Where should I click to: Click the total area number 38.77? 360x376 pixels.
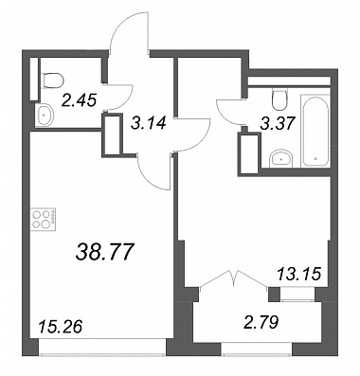pyautogui.click(x=103, y=252)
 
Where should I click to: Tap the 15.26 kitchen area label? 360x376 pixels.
pyautogui.click(x=60, y=326)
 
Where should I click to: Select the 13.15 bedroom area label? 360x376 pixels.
pyautogui.click(x=299, y=274)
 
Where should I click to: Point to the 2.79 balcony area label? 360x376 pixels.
pyautogui.click(x=262, y=323)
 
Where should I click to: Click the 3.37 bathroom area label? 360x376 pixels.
pyautogui.click(x=278, y=123)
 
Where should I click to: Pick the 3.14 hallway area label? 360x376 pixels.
pyautogui.click(x=149, y=122)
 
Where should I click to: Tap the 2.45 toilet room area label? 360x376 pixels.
pyautogui.click(x=79, y=100)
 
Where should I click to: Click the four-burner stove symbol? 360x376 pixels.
pyautogui.click(x=43, y=219)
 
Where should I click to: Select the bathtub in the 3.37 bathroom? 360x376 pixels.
pyautogui.click(x=315, y=131)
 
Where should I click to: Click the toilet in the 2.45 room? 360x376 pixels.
pyautogui.click(x=52, y=81)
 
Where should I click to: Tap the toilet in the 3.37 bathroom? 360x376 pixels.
pyautogui.click(x=280, y=99)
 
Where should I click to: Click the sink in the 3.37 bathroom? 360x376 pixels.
pyautogui.click(x=281, y=158)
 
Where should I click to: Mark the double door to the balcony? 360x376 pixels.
pyautogui.click(x=234, y=278)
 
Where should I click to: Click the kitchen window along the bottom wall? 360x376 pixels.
pyautogui.click(x=102, y=347)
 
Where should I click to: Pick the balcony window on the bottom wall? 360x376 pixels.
pyautogui.click(x=257, y=349)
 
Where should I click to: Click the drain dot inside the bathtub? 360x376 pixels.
pyautogui.click(x=316, y=159)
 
